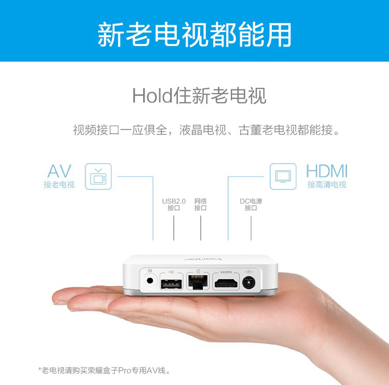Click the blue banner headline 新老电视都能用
pos(195,34)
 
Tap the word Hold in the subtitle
pos(152,96)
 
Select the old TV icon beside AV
pos(98,176)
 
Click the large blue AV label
pos(59,171)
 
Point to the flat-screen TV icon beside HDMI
pos(283,176)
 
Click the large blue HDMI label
pos(327,171)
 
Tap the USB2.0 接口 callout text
pos(174,204)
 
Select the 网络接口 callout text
pos(200,204)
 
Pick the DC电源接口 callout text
pos(251,204)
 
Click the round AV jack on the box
pos(150,281)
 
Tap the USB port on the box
pos(172,284)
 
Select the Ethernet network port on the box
pos(198,282)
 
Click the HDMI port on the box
pos(226,283)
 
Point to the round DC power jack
pos(248,283)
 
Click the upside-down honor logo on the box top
pos(203,259)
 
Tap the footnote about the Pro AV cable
pos(104,371)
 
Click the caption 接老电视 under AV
pos(59,184)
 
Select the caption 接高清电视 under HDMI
pos(327,184)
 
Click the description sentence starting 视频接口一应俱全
pos(206,130)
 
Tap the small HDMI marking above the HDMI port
pos(226,272)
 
